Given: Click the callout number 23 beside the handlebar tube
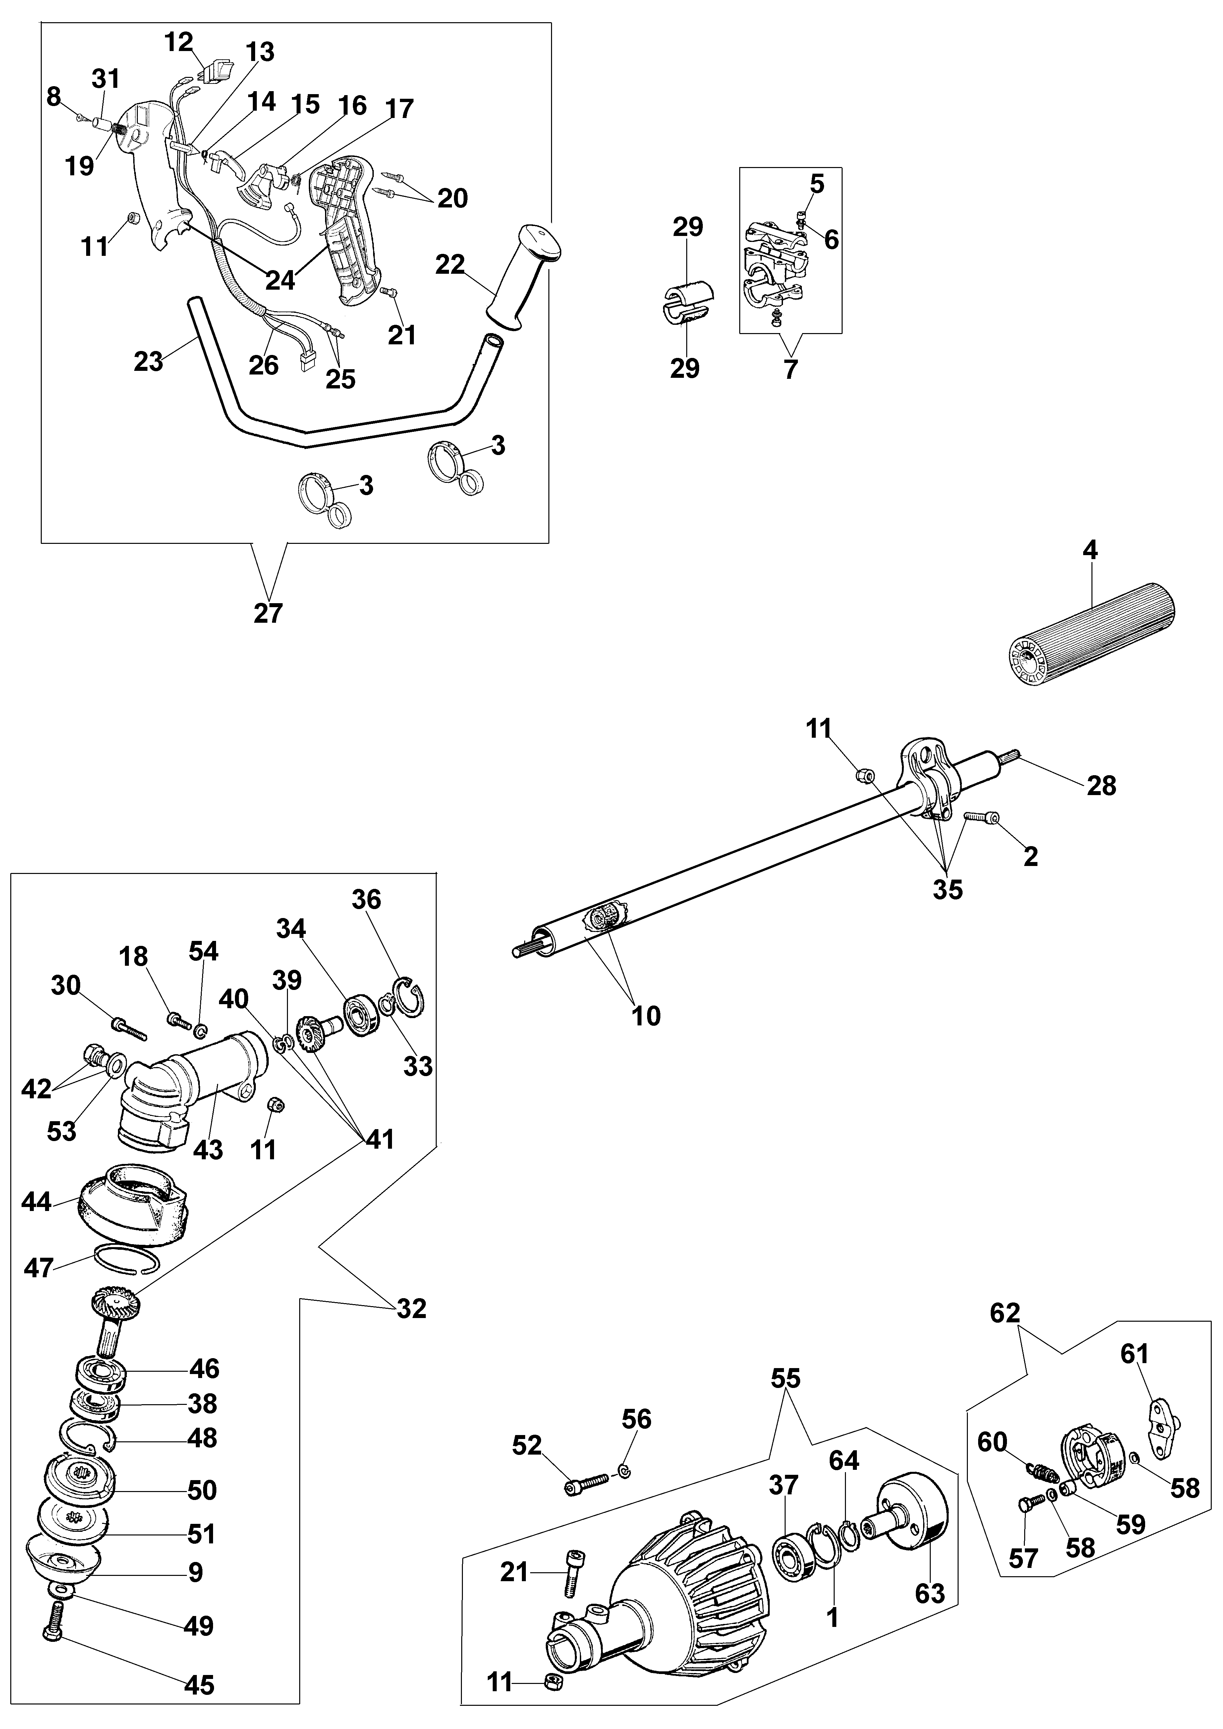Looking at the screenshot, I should coord(148,362).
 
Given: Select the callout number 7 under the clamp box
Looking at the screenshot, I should coord(790,369).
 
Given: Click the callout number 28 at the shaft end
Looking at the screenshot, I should coord(1102,785).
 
